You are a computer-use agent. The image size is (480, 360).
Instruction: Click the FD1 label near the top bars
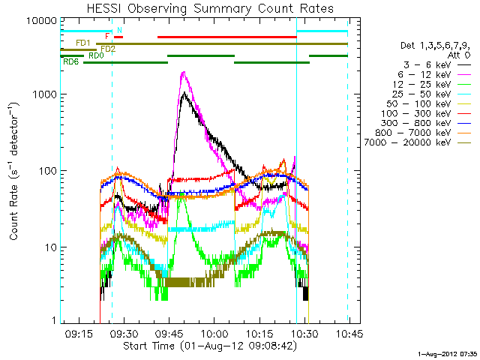[x=83, y=43]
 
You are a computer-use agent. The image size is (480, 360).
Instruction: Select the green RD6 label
[x=71, y=61]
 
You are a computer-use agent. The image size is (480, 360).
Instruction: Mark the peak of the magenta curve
[x=184, y=73]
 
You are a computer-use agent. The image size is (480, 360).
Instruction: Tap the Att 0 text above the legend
[x=458, y=55]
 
